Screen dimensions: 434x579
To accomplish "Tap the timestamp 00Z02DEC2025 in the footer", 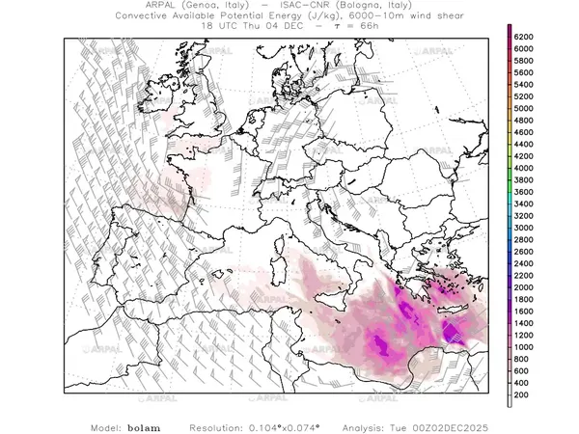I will [476, 425].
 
